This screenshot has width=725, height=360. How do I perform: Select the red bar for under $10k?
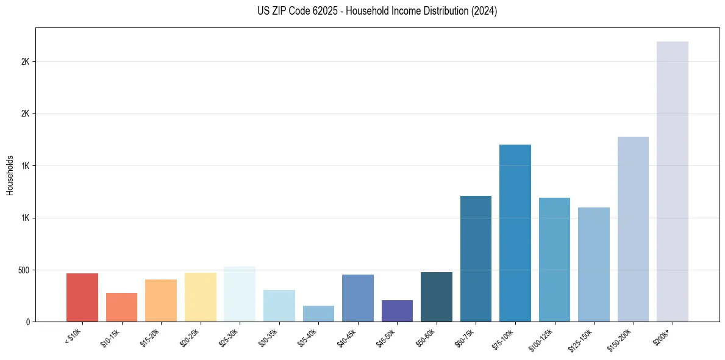(82, 297)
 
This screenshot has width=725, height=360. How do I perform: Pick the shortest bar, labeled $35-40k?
(318, 314)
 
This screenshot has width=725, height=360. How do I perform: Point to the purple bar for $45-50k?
(397, 311)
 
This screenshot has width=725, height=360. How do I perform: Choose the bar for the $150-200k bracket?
(633, 229)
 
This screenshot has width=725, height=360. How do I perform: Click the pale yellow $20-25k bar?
(200, 297)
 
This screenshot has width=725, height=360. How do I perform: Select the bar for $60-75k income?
(476, 259)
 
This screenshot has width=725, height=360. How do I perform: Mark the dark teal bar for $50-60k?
(436, 297)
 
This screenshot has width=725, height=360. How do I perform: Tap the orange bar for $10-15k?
(121, 307)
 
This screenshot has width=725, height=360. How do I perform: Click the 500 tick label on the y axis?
(24, 270)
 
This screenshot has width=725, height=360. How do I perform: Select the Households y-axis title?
(10, 175)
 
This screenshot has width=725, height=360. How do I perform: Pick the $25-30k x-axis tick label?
(229, 337)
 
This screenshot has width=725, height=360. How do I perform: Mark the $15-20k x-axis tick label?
(151, 337)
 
